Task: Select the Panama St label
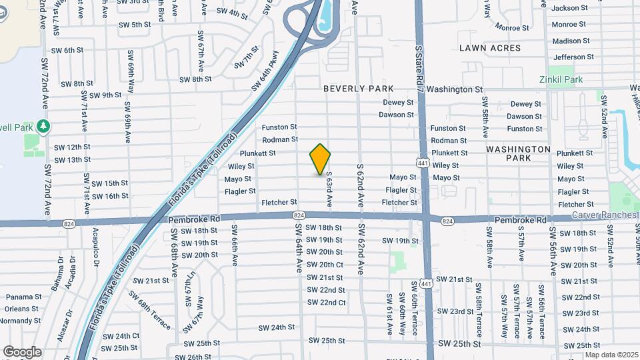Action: coord(19,297)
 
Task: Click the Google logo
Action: coord(22,352)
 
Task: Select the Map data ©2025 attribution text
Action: coord(611,355)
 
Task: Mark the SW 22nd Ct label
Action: coord(326,303)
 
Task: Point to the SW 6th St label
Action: coord(67,50)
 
